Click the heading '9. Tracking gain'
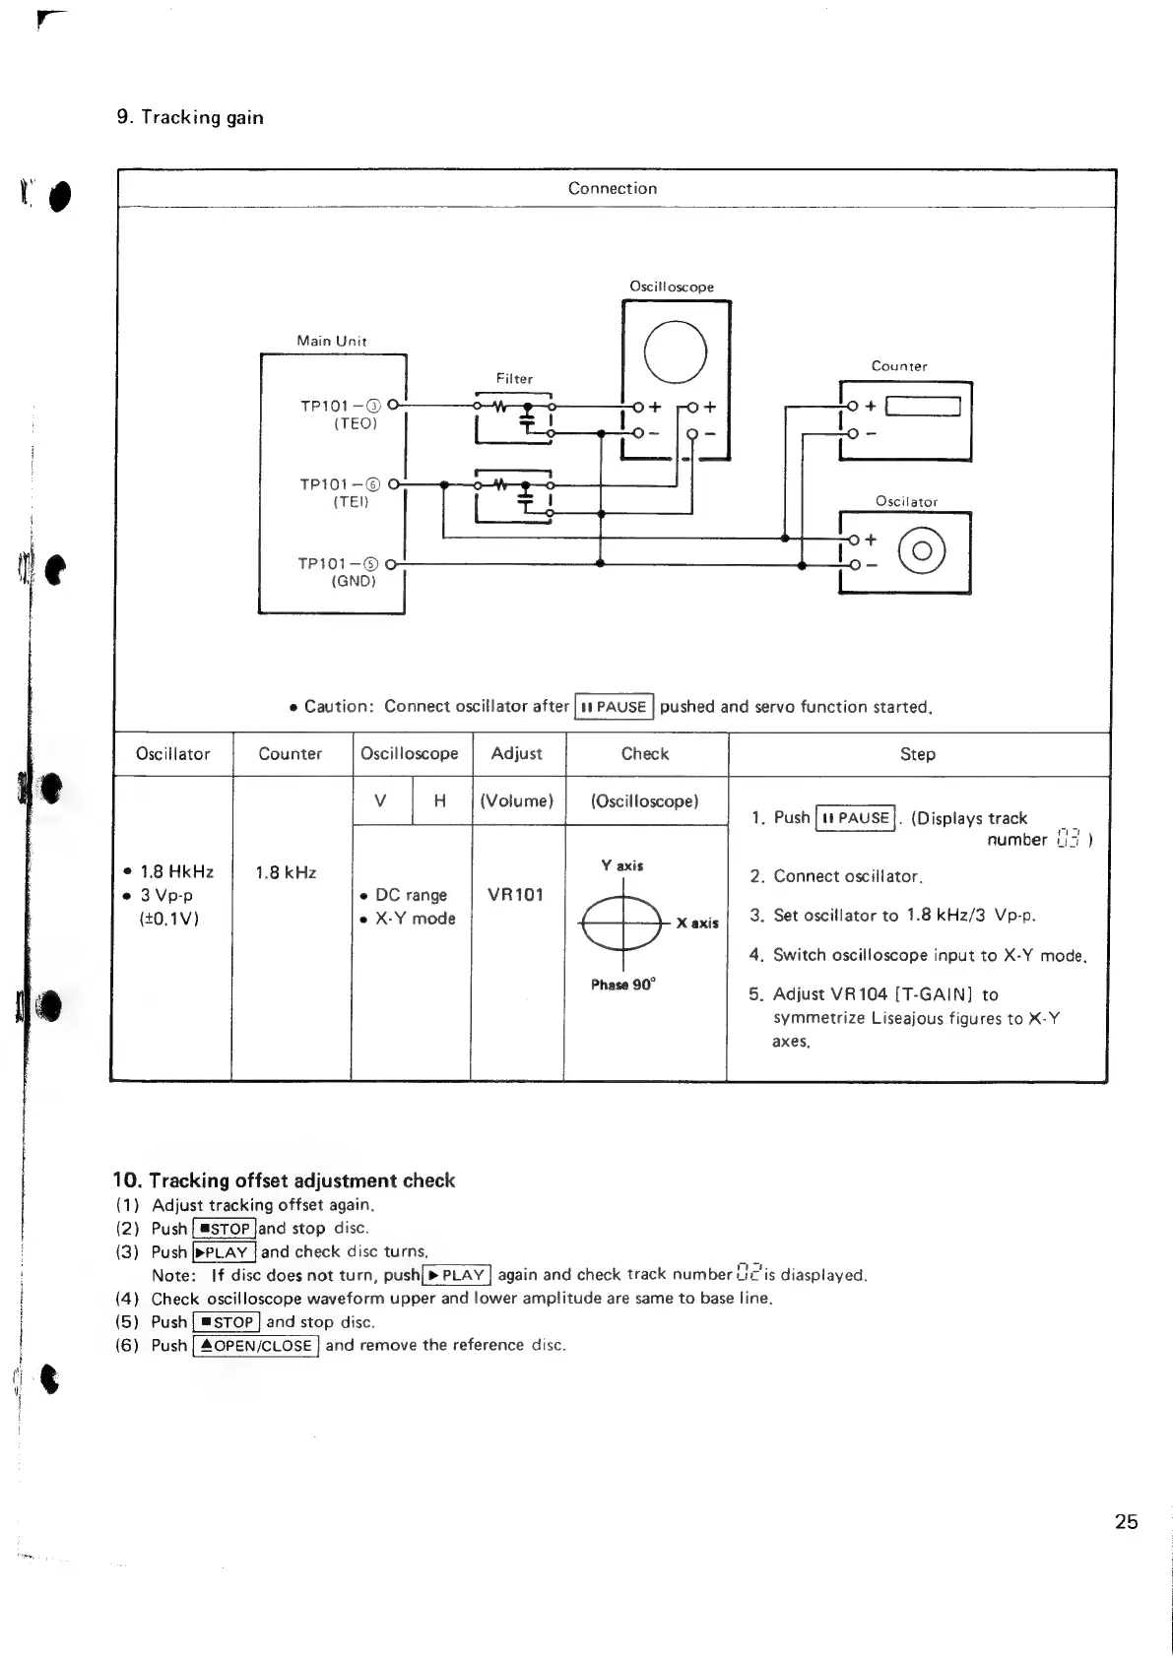tap(190, 117)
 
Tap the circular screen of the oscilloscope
tap(675, 351)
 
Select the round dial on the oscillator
tap(923, 551)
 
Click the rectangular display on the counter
tap(922, 406)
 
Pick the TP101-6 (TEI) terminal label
tap(340, 492)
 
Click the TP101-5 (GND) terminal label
tap(340, 571)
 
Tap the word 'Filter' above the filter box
tap(514, 378)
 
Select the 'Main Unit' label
tap(332, 341)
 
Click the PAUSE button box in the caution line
tap(614, 707)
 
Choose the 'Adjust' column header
tap(517, 753)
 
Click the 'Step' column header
tap(917, 754)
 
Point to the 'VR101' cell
tap(515, 895)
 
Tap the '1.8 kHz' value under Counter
tap(286, 872)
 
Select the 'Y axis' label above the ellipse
tap(622, 865)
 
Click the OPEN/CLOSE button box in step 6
tap(256, 1346)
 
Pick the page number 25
tap(1126, 1521)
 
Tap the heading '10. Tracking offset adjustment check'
tap(284, 1179)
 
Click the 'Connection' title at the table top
tap(613, 188)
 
